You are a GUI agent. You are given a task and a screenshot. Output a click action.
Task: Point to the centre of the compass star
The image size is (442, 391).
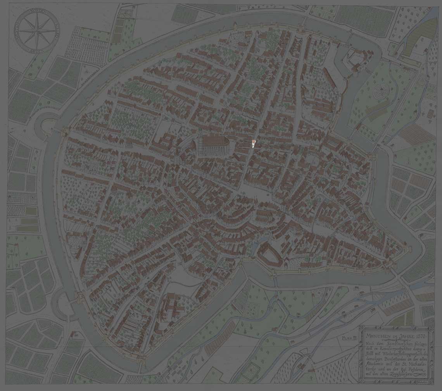35,31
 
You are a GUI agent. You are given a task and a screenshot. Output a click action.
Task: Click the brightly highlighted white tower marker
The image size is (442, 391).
253,144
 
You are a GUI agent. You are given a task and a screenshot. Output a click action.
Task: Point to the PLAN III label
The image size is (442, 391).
349,338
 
